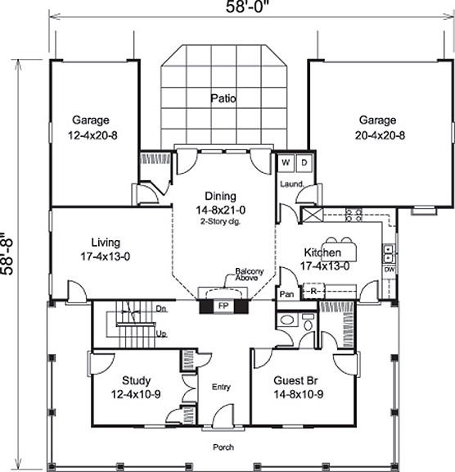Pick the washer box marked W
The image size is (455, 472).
click(x=287, y=162)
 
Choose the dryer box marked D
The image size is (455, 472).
click(x=303, y=162)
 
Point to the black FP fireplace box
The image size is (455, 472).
click(x=222, y=306)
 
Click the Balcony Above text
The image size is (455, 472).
click(x=248, y=274)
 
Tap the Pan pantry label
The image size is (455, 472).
click(x=286, y=293)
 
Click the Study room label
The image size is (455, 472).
click(x=137, y=387)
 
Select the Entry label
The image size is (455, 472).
click(x=221, y=387)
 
